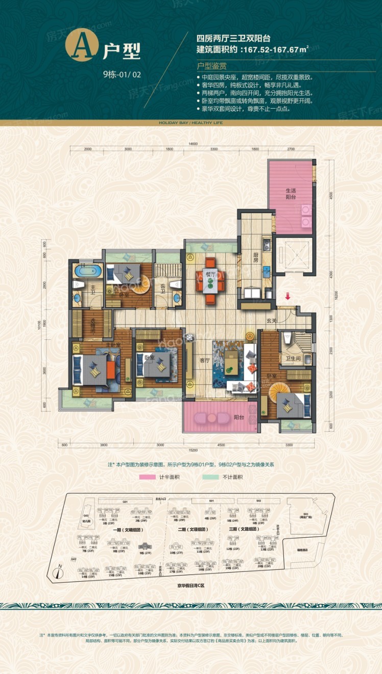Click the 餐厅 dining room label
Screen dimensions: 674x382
click(x=209, y=273)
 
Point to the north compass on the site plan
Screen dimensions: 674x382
click(x=60, y=572)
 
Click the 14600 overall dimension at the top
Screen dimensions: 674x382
click(x=193, y=144)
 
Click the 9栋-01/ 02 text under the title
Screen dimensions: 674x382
click(x=122, y=74)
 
